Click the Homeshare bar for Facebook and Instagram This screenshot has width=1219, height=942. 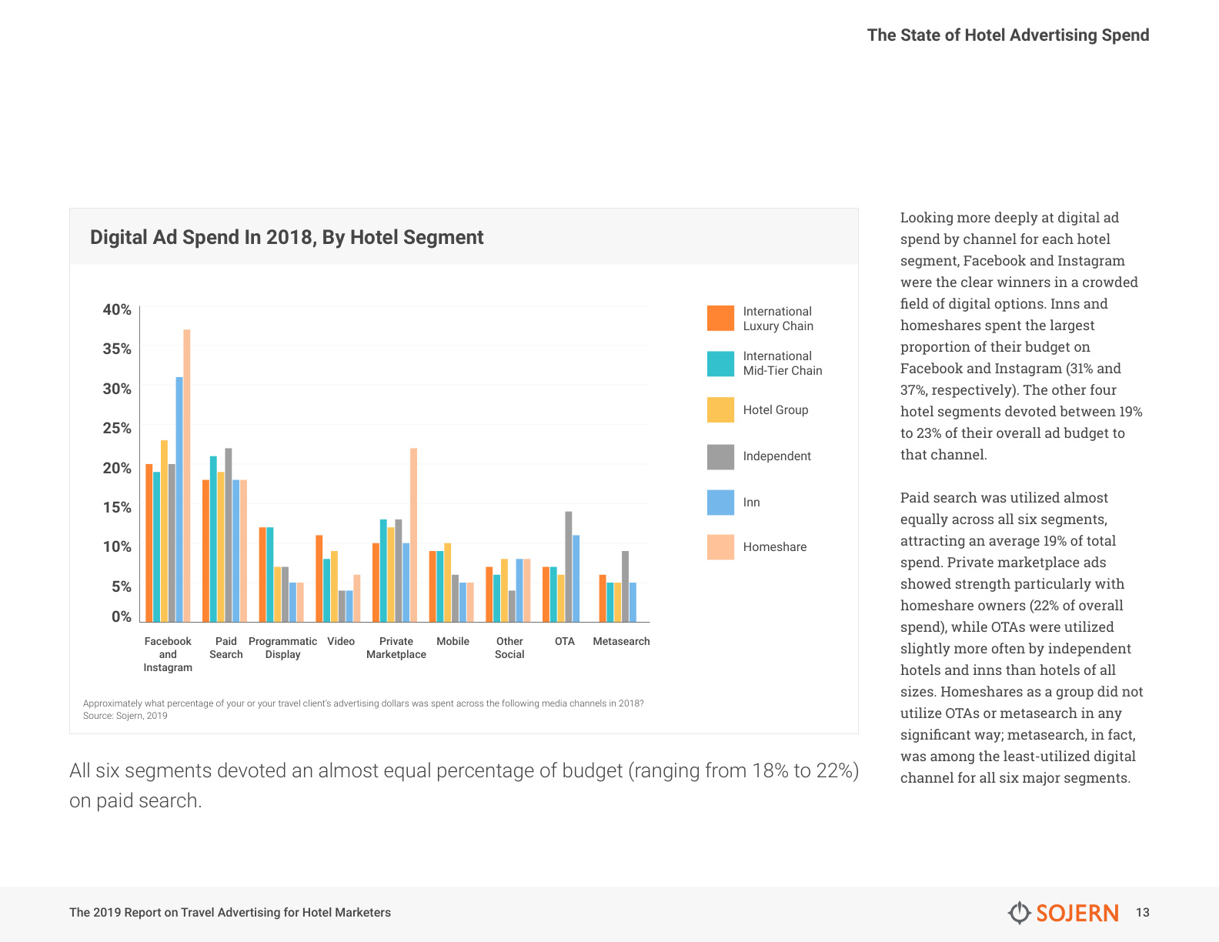187,475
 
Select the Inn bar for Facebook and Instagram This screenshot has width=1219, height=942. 179,499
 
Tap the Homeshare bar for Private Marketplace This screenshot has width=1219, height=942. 413,535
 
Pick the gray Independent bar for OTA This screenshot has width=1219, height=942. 569,566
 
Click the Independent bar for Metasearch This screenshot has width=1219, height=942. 626,586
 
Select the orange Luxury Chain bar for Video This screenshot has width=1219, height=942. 319,579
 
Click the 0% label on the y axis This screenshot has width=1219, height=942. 121,616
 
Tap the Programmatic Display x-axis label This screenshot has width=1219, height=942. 282,647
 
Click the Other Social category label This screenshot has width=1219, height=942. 509,647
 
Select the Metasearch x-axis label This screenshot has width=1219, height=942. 622,641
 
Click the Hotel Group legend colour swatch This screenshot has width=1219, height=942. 721,409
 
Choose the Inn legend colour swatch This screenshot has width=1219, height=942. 721,502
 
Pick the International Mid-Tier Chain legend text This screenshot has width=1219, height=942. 783,363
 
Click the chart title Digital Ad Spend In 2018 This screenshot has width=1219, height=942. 286,237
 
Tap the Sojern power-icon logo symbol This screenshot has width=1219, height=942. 1019,913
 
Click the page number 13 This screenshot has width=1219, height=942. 1143,913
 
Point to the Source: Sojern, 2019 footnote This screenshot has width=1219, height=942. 125,716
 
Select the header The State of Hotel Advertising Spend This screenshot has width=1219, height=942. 1008,35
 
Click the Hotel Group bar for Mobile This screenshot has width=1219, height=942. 448,583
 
